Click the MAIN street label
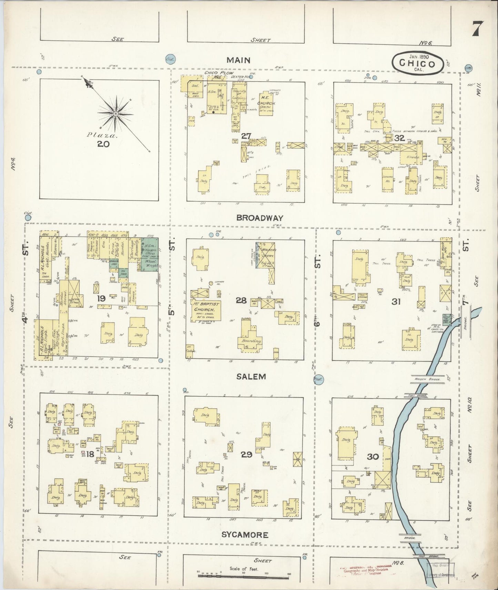[238, 60]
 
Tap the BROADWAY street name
[260, 218]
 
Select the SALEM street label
[252, 377]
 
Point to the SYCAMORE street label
[245, 535]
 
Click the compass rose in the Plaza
[116, 113]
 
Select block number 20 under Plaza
[103, 144]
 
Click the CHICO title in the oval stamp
[417, 64]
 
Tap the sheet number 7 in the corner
[477, 29]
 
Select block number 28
[241, 301]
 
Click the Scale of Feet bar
[244, 575]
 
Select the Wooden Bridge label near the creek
[421, 379]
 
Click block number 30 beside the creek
[373, 457]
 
